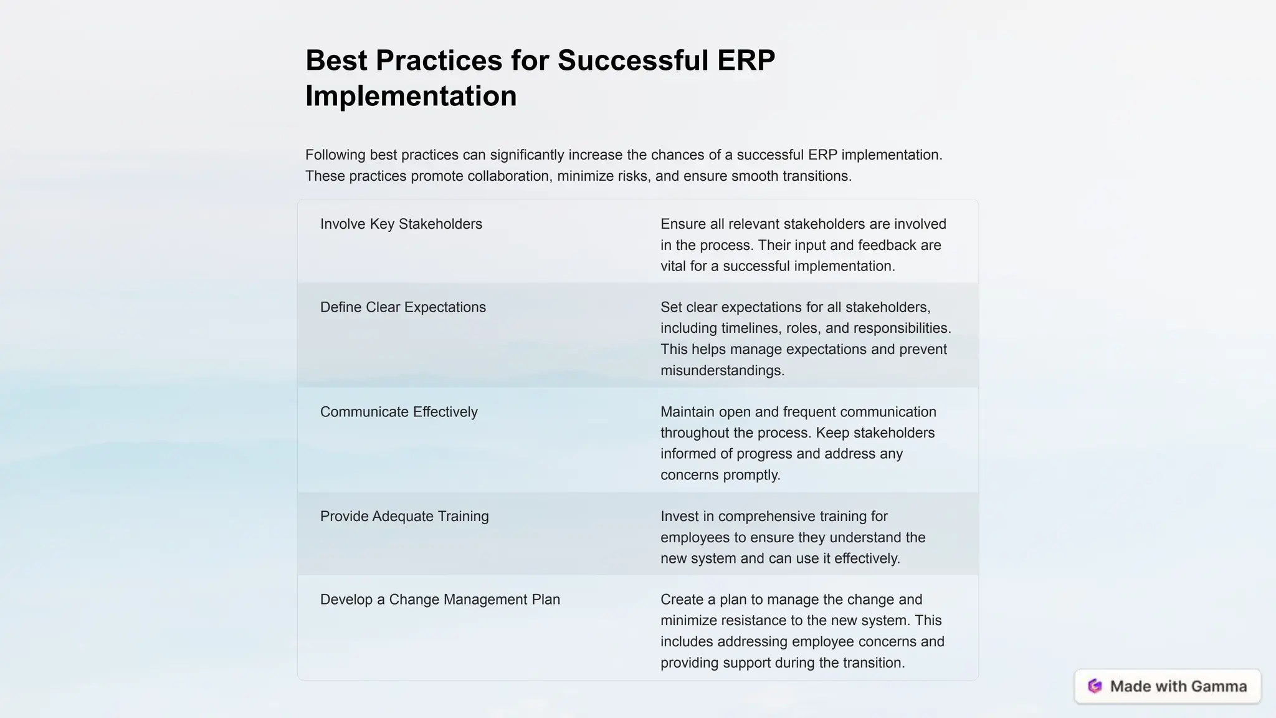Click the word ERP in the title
coord(746,60)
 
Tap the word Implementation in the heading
coord(411,96)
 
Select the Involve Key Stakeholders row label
coord(401,224)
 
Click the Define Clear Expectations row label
coord(402,307)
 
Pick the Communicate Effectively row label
coord(399,412)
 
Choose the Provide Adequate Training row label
coord(404,516)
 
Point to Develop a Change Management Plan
coord(440,600)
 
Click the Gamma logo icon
coord(1095,686)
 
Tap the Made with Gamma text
coord(1178,686)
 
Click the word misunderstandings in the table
coord(721,371)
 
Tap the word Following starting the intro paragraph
coord(335,155)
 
